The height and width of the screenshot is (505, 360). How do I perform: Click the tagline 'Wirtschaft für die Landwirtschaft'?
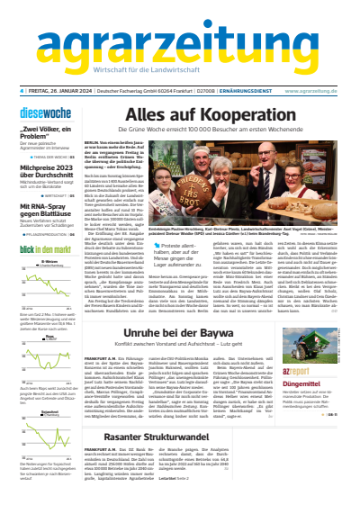pyautogui.click(x=179, y=72)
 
